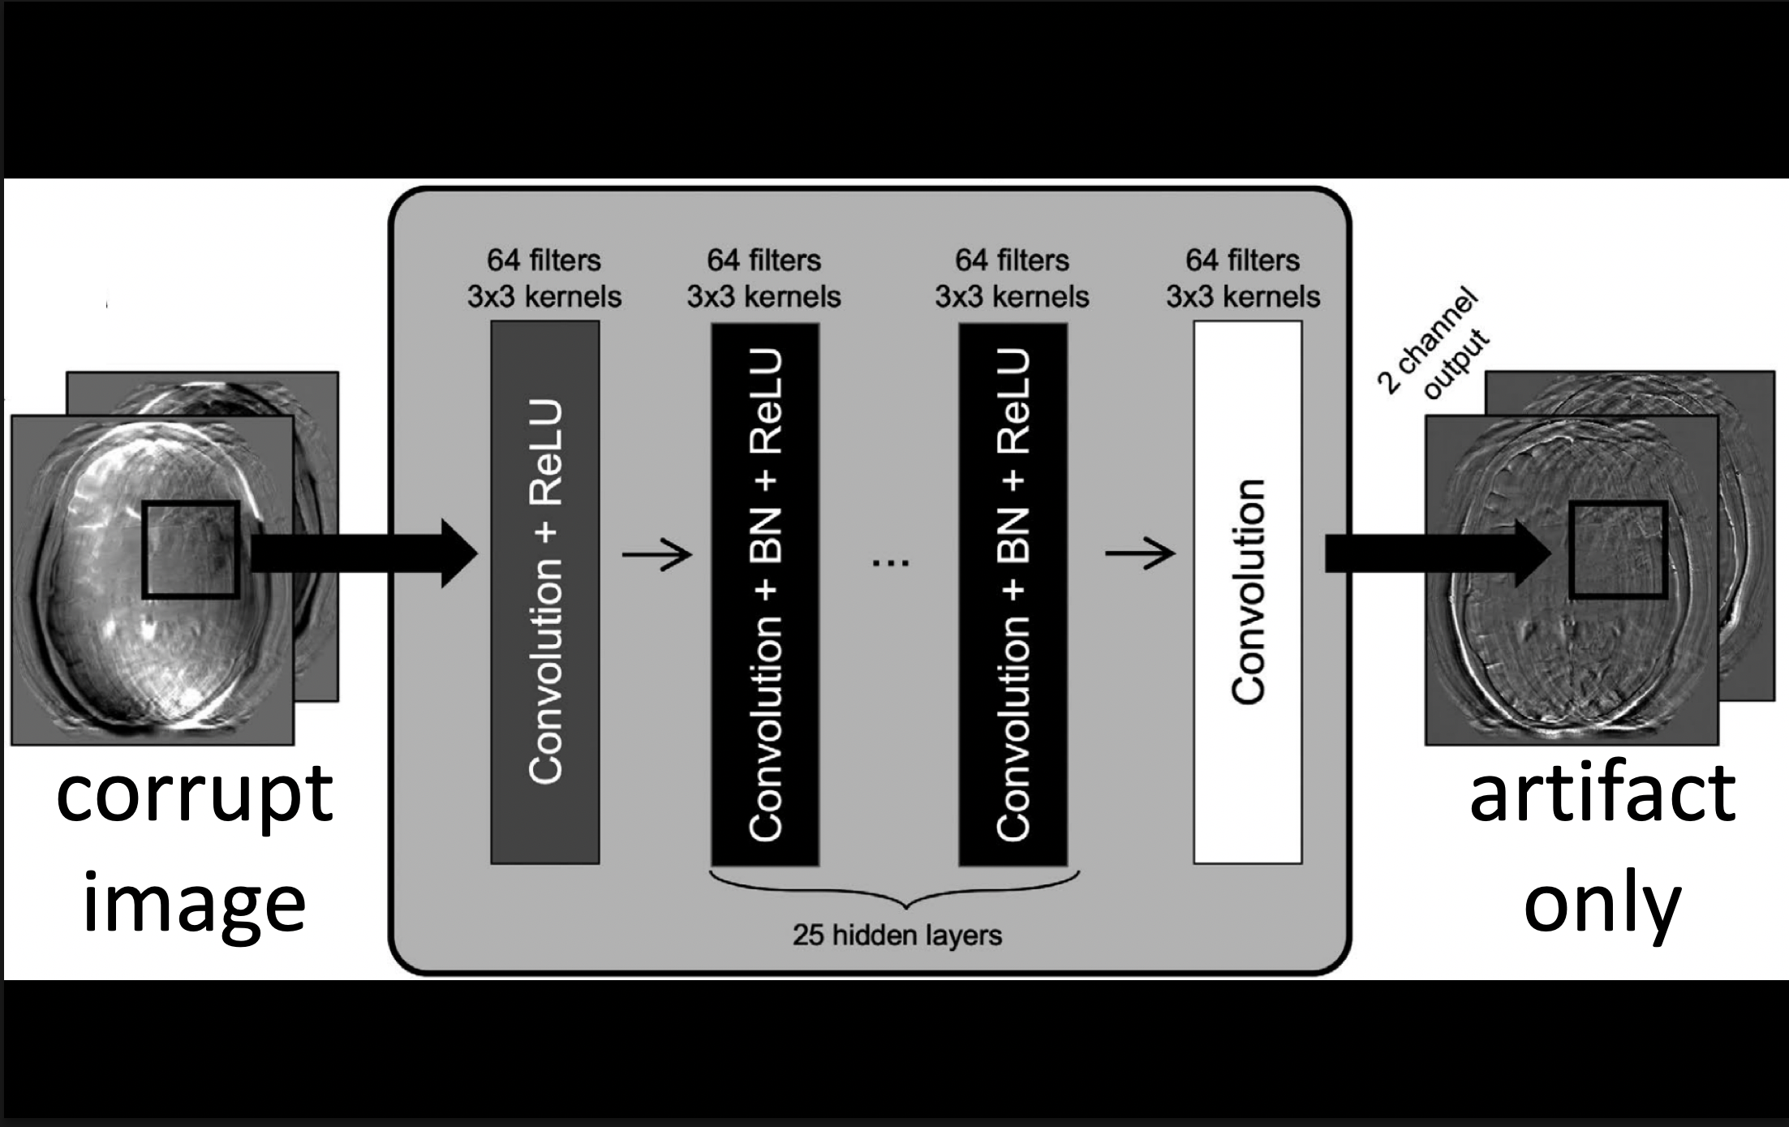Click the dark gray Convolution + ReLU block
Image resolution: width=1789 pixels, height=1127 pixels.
[545, 592]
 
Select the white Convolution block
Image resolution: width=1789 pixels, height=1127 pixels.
[1248, 592]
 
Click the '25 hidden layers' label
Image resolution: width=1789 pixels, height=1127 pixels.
[897, 936]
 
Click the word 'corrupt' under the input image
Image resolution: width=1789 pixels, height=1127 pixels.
[195, 795]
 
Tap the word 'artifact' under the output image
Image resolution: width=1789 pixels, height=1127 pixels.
[1602, 794]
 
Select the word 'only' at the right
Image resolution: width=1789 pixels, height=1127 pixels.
[1602, 905]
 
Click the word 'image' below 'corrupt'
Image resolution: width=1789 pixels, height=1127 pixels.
[195, 905]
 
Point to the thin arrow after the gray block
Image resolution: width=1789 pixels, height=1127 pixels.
[656, 555]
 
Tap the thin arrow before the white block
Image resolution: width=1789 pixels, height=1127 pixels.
[1140, 554]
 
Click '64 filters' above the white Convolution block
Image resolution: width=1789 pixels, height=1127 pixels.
[1243, 260]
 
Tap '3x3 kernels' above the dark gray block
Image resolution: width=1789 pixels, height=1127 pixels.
[544, 297]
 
